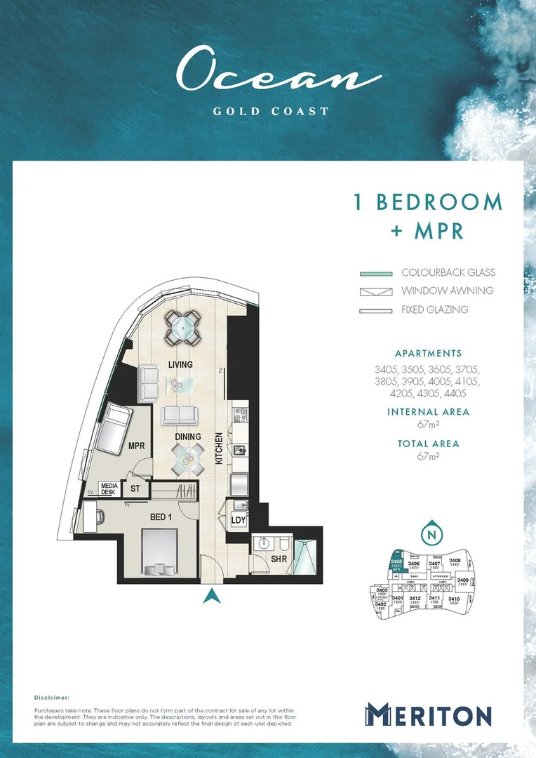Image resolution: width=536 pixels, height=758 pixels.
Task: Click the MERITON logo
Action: coord(427,716)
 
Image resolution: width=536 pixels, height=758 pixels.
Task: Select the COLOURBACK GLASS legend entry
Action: coord(448,272)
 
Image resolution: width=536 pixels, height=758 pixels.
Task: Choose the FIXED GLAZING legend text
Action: coord(434,310)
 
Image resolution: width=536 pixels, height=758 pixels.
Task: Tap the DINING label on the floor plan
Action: coord(187,437)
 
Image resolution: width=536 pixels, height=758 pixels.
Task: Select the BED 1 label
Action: coord(161,517)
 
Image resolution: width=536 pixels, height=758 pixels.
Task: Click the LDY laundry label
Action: coord(239,520)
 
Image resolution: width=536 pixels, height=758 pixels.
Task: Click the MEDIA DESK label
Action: coord(109,488)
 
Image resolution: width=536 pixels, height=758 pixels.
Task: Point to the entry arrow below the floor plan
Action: coord(210,597)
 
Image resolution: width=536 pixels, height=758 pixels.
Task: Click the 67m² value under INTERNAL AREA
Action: coord(428,425)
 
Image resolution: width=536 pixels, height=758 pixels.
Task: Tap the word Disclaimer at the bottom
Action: coord(52,698)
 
